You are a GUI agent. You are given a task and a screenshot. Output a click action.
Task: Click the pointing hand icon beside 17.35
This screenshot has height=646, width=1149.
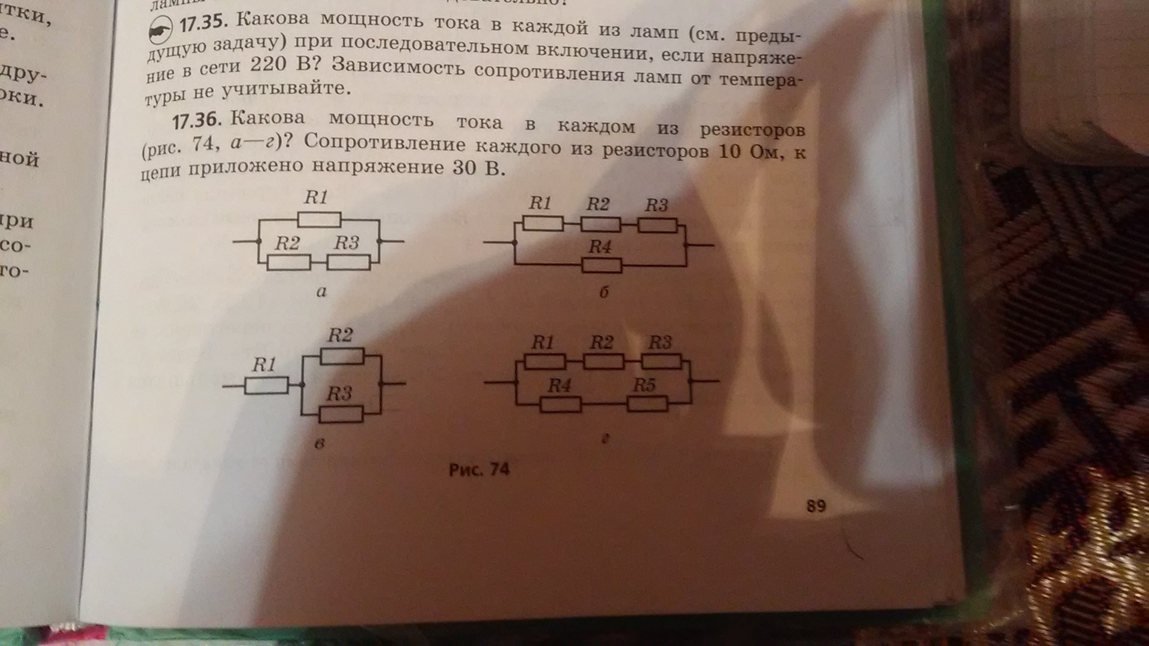pyautogui.click(x=160, y=31)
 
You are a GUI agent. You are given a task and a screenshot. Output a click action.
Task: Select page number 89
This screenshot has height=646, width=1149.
pyautogui.click(x=816, y=506)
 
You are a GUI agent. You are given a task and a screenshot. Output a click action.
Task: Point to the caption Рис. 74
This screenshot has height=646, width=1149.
pyautogui.click(x=479, y=470)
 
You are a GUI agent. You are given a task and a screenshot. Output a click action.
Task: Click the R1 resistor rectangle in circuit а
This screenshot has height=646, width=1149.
pyautogui.click(x=319, y=220)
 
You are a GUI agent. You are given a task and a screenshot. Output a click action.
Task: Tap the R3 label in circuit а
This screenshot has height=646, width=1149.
pyautogui.click(x=346, y=243)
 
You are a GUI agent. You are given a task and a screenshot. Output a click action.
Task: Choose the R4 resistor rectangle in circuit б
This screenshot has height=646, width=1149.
pyautogui.click(x=602, y=265)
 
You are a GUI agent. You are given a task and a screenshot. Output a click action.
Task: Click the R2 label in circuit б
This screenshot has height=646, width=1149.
pyautogui.click(x=598, y=205)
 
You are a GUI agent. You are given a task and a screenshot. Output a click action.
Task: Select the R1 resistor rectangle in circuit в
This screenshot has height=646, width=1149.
pyautogui.click(x=267, y=386)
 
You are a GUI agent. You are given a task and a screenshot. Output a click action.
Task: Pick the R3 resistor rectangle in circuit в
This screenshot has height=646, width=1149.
pyautogui.click(x=341, y=414)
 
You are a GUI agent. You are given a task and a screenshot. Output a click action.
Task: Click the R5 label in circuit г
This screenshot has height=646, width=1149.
pyautogui.click(x=645, y=385)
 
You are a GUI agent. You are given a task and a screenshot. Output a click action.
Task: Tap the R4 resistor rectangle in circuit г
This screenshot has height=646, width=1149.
pyautogui.click(x=561, y=405)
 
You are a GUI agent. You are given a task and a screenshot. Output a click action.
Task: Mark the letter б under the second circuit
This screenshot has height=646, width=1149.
pyautogui.click(x=604, y=292)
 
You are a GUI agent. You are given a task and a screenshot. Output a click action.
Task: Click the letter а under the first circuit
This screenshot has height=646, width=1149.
pyautogui.click(x=321, y=292)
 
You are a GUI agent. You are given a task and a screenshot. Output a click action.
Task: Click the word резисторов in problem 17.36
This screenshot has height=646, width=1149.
pyautogui.click(x=752, y=129)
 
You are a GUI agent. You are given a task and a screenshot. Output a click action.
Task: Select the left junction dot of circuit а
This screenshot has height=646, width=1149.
pyautogui.click(x=259, y=242)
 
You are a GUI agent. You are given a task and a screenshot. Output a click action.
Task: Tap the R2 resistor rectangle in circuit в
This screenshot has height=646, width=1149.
pyautogui.click(x=342, y=357)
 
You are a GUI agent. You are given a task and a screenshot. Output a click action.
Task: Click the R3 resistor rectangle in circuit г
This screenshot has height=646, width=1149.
pyautogui.click(x=661, y=361)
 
